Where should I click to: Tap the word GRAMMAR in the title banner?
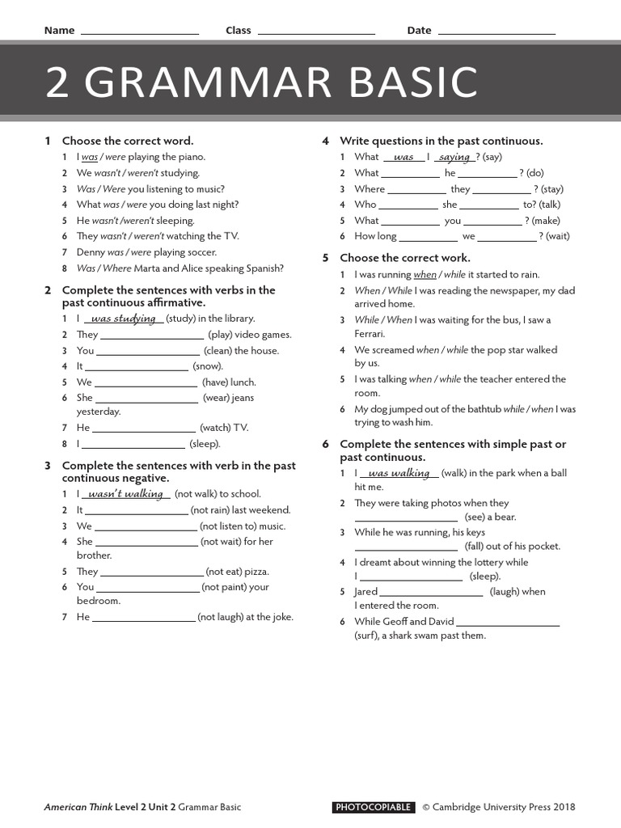pyautogui.click(x=216, y=83)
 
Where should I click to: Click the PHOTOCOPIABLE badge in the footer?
pyautogui.click(x=374, y=807)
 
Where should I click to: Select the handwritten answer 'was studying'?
pyautogui.click(x=124, y=319)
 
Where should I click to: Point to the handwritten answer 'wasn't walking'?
pyautogui.click(x=125, y=494)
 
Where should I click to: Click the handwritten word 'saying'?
pyautogui.click(x=454, y=158)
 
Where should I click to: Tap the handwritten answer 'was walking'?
pyautogui.click(x=399, y=474)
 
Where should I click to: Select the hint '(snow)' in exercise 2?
pyautogui.click(x=207, y=366)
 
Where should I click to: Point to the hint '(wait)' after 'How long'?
pyautogui.click(x=558, y=236)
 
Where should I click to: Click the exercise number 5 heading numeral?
pyautogui.click(x=325, y=258)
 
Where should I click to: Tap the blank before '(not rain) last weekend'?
pyautogui.click(x=135, y=510)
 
